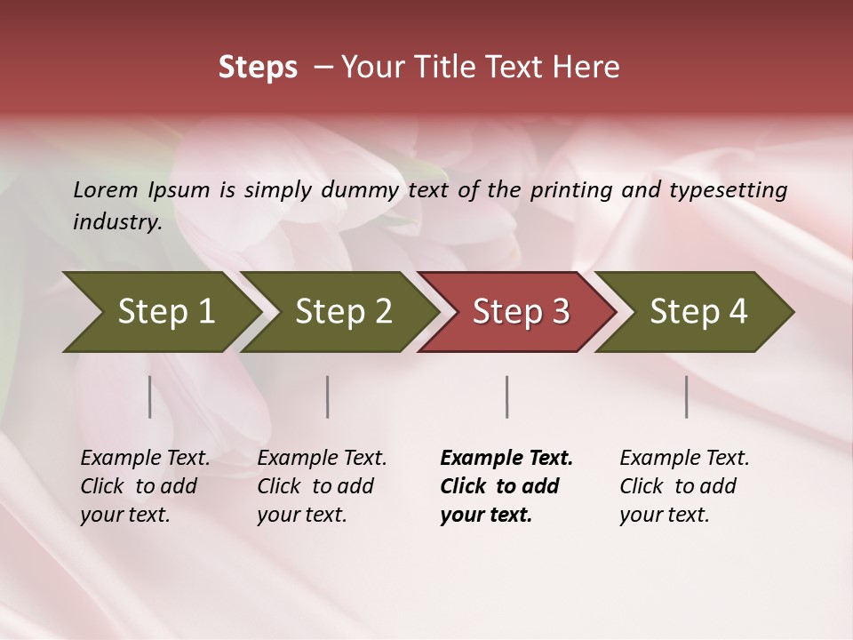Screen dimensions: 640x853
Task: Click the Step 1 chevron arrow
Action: pos(164,312)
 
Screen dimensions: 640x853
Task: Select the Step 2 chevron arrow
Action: pos(342,312)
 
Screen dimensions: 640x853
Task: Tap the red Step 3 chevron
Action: pos(520,312)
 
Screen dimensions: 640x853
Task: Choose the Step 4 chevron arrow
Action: pos(698,312)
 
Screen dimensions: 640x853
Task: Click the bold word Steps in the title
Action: pos(258,68)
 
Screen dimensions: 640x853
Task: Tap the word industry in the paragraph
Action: pos(116,221)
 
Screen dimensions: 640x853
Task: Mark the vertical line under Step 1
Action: pos(149,396)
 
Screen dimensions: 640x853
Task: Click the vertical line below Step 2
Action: pos(328,396)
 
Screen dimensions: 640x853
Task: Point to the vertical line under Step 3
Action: pos(506,396)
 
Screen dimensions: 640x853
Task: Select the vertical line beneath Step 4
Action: pos(687,396)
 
